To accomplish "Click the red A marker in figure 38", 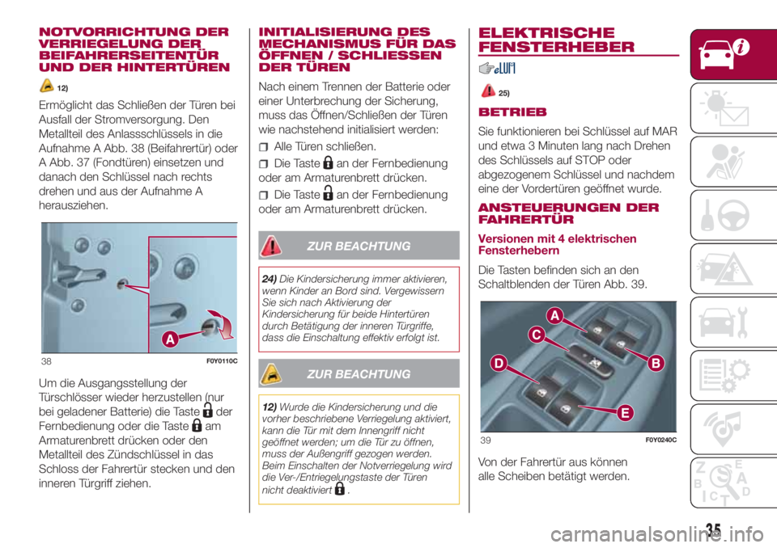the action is pyautogui.click(x=170, y=339).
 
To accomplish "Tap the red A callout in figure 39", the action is pyautogui.click(x=555, y=315).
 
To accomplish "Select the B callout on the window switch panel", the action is pyautogui.click(x=656, y=364).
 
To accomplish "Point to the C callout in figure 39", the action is pyautogui.click(x=536, y=335).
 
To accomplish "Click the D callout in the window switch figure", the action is pyautogui.click(x=499, y=364).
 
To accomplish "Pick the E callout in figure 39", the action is pyautogui.click(x=626, y=413).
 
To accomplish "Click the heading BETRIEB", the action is pyautogui.click(x=512, y=112).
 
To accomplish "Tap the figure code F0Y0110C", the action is pyautogui.click(x=222, y=361).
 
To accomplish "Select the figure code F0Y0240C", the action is pyautogui.click(x=660, y=440).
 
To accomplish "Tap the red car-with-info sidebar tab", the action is pyautogui.click(x=734, y=54).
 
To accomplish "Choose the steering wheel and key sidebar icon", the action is pyautogui.click(x=725, y=215).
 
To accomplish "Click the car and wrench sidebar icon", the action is pyautogui.click(x=724, y=322).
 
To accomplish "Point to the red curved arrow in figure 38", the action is pyautogui.click(x=223, y=324).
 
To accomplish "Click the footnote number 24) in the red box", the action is pyautogui.click(x=270, y=279).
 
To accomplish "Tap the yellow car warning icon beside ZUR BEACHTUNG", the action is pyautogui.click(x=271, y=373).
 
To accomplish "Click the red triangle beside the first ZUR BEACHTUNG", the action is pyautogui.click(x=271, y=246).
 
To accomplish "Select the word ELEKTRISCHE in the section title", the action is pyautogui.click(x=546, y=32).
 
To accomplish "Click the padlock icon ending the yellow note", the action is pyautogui.click(x=340, y=489).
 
